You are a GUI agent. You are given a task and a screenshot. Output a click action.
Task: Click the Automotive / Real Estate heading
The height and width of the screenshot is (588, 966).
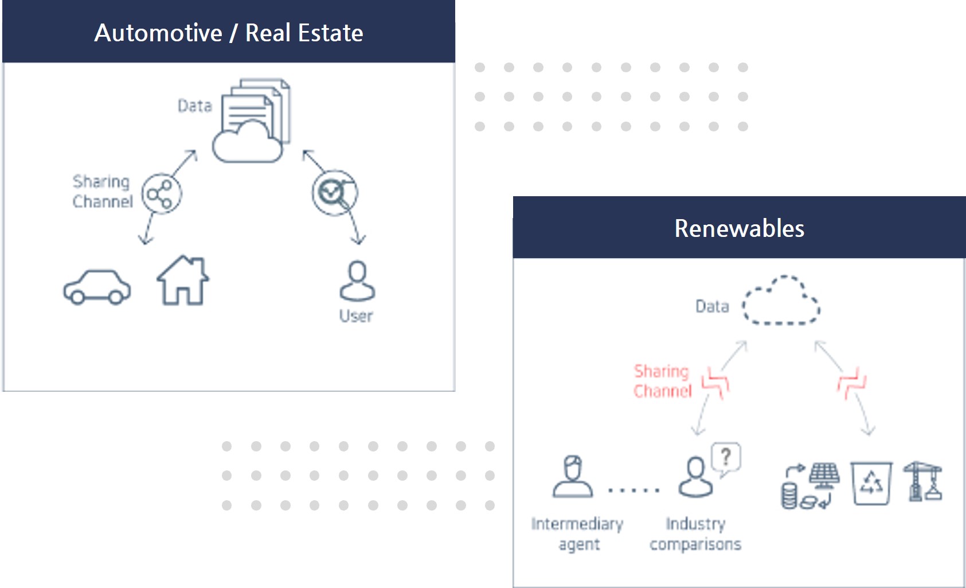(229, 33)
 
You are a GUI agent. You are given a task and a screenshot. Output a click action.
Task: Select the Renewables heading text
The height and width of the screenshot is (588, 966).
(739, 228)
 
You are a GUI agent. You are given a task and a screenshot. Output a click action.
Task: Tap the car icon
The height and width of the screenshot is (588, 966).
(97, 286)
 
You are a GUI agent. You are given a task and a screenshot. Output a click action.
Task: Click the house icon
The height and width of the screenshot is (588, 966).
(183, 281)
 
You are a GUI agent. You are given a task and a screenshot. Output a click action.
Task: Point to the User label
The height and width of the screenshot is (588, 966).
(356, 316)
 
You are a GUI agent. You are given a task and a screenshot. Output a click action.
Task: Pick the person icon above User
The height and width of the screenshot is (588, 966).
(357, 281)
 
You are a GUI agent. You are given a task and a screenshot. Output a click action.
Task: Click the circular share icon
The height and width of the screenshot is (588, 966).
(161, 194)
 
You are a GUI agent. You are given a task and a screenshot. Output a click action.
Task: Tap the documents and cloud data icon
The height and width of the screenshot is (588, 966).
(252, 121)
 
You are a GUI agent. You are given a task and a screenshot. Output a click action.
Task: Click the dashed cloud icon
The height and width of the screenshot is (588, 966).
(781, 301)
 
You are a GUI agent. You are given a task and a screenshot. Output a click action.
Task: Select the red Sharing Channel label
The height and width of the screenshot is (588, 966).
(662, 381)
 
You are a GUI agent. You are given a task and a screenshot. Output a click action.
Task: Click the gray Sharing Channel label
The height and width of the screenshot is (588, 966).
(102, 192)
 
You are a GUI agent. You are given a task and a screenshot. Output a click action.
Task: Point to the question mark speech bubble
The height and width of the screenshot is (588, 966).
(726, 458)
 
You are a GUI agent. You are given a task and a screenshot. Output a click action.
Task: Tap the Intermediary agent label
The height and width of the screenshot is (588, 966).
(577, 534)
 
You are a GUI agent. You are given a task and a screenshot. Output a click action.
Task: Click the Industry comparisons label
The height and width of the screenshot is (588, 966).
(695, 534)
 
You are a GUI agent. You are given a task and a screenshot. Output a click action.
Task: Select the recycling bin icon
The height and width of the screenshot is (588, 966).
(871, 483)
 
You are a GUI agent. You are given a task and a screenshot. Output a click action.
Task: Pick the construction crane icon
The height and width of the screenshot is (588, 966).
(922, 482)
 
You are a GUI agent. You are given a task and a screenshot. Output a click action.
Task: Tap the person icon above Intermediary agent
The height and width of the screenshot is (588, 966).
(573, 476)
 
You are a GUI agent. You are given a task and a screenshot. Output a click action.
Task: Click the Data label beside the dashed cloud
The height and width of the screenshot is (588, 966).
(712, 307)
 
